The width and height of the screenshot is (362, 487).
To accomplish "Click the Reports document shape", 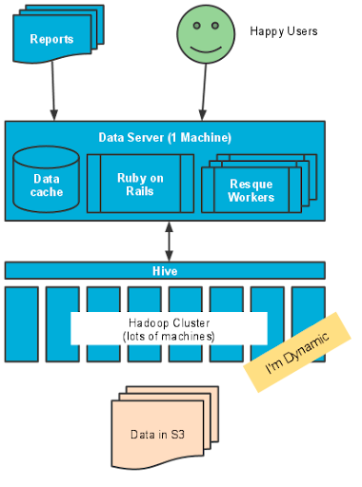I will pyautogui.click(x=52, y=39).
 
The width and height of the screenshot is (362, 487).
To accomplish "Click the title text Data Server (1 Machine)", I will pyautogui.click(x=165, y=137).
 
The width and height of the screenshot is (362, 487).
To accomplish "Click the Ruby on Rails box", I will pyautogui.click(x=141, y=184).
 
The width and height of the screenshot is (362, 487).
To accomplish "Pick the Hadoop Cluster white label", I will pyautogui.click(x=169, y=328).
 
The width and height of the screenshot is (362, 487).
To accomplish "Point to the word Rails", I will pyautogui.click(x=141, y=191).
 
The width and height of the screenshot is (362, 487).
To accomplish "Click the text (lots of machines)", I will pyautogui.click(x=169, y=337).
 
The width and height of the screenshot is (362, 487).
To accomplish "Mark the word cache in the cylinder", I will pyautogui.click(x=47, y=192).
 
